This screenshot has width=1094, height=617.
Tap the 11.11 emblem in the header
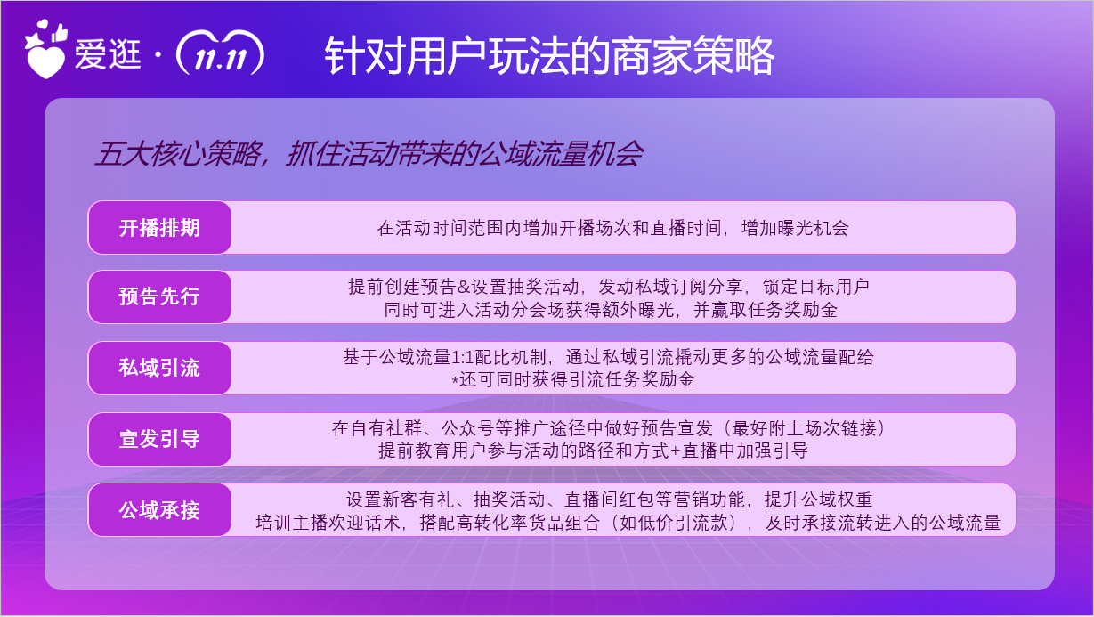pyautogui.click(x=220, y=53)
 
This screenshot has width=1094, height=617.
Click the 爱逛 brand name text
pyautogui.click(x=108, y=54)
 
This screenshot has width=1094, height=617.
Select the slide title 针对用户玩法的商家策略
pyautogui.click(x=549, y=55)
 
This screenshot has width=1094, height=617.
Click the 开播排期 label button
pyautogui.click(x=159, y=228)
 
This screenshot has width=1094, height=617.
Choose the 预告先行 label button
pyautogui.click(x=159, y=296)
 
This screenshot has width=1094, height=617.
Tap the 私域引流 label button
pyautogui.click(x=159, y=368)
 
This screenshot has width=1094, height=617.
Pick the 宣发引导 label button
pyautogui.click(x=159, y=439)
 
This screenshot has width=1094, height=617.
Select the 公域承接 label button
pyautogui.click(x=159, y=510)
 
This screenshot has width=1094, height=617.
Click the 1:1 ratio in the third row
pyautogui.click(x=462, y=358)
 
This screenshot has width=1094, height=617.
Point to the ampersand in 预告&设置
pyautogui.click(x=463, y=288)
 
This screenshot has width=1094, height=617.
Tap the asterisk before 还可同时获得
pyautogui.click(x=455, y=381)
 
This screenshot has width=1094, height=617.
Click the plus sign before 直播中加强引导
pyautogui.click(x=676, y=451)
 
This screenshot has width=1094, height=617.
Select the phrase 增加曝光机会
pyautogui.click(x=795, y=228)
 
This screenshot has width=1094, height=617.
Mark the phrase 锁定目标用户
pyautogui.click(x=816, y=287)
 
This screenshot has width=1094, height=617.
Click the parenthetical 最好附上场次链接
pyautogui.click(x=804, y=428)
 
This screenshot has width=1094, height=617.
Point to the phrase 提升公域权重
pyautogui.click(x=819, y=499)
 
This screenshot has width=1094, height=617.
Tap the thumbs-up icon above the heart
pyautogui.click(x=60, y=33)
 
